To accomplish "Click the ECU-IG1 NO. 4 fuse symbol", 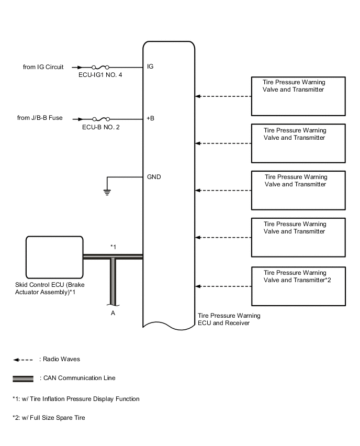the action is pos(100,68).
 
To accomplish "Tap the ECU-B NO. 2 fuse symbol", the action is pos(101,119).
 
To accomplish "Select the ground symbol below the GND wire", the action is pos(107,192).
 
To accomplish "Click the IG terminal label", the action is pos(150,66).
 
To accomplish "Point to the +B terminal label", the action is pos(150,118).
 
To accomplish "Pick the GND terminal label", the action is pos(154,177).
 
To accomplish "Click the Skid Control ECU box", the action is pos(54,257).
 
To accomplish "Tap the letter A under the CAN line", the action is pos(113,313).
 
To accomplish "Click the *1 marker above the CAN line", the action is pos(113,247).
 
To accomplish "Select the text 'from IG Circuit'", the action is pos(43,67).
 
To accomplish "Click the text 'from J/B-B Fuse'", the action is pos(40,118).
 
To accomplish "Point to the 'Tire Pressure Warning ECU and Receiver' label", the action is pos(229,319).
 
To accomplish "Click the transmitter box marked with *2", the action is pos(298,286).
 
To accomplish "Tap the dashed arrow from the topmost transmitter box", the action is pos(223,96).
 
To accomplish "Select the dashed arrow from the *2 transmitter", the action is pos(223,286).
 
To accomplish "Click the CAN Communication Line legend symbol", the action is pos(23,378).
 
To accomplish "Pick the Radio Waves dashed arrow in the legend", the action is pos(23,360).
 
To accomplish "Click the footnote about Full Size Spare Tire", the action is pos(49,418).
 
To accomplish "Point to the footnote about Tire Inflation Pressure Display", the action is pos(76,399).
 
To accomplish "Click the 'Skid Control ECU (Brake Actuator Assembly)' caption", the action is pos(50,288).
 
